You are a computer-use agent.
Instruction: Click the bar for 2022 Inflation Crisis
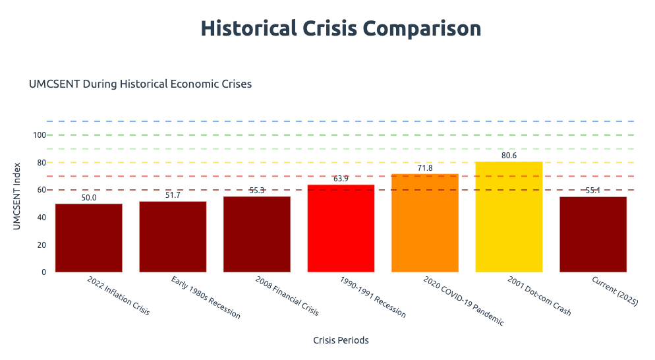pos(88,238)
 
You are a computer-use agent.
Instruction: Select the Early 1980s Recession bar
pos(173,237)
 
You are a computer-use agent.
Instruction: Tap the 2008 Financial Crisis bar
pos(257,234)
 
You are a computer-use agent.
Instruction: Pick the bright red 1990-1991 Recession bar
pos(341,228)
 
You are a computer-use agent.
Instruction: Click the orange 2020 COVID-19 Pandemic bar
pos(425,223)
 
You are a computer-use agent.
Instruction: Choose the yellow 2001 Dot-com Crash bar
pos(509,217)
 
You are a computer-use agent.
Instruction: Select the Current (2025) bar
pos(593,234)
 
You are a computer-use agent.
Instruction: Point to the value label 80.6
pos(509,156)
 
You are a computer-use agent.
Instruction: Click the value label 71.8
pos(425,168)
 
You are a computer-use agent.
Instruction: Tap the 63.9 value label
pos(341,179)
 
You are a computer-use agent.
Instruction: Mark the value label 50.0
pos(88,198)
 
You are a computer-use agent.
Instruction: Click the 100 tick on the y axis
pos(40,135)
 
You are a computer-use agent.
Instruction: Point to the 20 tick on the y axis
pos(42,245)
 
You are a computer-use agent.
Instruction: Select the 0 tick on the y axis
pos(43,272)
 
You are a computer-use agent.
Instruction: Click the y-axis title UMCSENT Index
pos(18,196)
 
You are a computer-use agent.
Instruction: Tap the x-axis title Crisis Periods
pos(341,340)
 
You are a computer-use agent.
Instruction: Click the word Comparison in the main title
pos(417,29)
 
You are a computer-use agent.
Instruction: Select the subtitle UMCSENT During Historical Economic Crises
pos(140,84)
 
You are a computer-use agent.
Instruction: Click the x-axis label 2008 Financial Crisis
pos(287,296)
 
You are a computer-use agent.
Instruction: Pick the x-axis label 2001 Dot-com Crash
pos(539,296)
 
